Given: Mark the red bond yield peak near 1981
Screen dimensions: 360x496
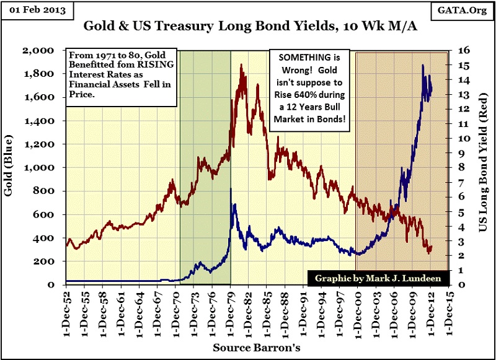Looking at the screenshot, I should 241,64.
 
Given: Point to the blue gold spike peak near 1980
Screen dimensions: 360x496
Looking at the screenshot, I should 231,188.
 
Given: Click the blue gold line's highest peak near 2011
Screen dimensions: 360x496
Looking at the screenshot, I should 423,64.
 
